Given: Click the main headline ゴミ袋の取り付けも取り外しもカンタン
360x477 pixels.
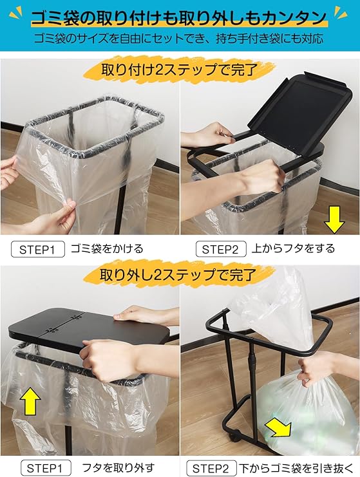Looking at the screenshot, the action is coord(179,17).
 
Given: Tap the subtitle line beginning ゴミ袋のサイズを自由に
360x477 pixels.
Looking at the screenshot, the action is coord(178,39).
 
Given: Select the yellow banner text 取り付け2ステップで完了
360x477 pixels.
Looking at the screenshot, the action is coord(180,70).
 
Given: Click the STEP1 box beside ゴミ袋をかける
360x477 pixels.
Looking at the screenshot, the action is coord(38,250).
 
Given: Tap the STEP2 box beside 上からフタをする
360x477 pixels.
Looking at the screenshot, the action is coord(220,249).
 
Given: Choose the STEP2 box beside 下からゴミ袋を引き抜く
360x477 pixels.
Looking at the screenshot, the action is coord(211,468).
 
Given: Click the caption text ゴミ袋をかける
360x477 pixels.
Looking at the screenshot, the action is coord(107,249).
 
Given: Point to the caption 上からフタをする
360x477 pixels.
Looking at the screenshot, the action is coord(294,248).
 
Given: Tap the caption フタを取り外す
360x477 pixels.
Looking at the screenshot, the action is coord(118,467).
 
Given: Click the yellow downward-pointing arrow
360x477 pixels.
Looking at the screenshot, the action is coord(334,220).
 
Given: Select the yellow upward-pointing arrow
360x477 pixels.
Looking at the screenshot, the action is coord(30,402).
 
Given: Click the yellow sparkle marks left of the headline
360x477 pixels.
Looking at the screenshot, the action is coord(16,15).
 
